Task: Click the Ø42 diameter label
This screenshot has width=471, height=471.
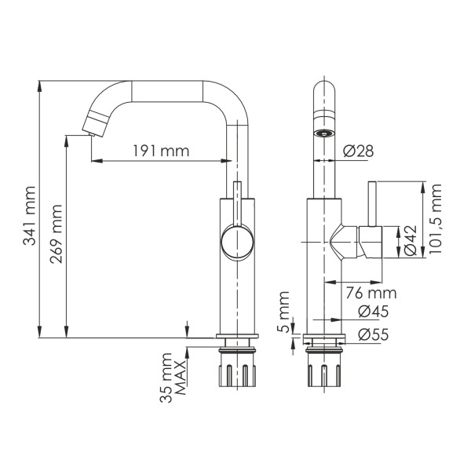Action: [x=410, y=242]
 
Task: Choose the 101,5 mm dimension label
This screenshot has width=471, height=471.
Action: [x=436, y=220]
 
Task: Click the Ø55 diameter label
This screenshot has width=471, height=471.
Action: [x=374, y=334]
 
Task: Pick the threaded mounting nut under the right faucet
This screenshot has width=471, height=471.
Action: [x=323, y=371]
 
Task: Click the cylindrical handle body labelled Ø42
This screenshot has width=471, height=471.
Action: [x=371, y=242]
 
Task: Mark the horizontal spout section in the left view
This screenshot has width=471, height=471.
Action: [x=169, y=91]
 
